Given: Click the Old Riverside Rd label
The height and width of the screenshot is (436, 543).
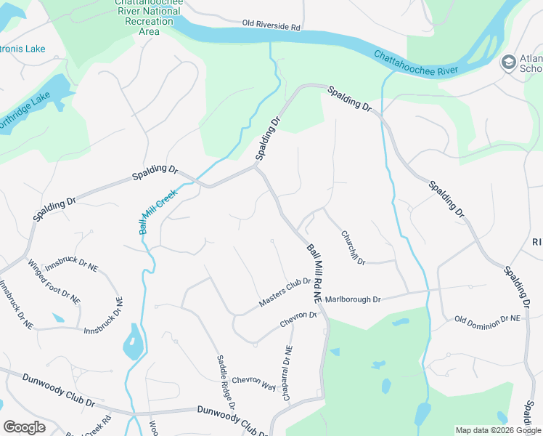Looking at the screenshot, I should (271, 26).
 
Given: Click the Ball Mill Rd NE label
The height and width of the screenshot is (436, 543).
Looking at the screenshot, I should (314, 272).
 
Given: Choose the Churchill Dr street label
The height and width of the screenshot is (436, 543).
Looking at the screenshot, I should (353, 247).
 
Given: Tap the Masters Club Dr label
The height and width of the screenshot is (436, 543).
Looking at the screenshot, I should (285, 292).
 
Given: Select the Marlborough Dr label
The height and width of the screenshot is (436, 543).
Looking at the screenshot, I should (353, 299).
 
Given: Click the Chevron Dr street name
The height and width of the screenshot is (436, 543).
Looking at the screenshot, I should (298, 320).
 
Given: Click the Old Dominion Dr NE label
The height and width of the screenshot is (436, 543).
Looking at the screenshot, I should (487, 319).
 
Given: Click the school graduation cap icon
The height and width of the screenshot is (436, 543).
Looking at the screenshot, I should (509, 63).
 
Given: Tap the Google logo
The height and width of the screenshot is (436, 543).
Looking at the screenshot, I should (24, 427).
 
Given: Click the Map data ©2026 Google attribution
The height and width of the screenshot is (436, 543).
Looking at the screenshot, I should (498, 430).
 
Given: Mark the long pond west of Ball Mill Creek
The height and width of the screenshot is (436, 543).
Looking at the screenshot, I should (132, 342).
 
